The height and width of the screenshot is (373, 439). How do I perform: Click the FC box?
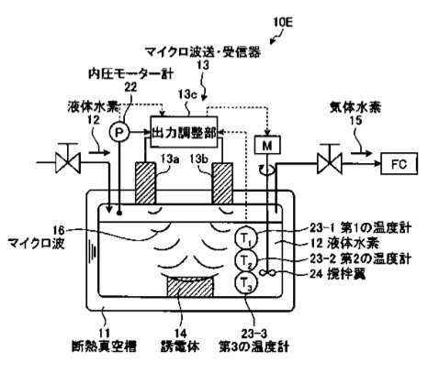click(399, 164)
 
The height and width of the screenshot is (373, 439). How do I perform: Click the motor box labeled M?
click(267, 145)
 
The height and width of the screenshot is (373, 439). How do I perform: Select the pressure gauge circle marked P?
click(119, 132)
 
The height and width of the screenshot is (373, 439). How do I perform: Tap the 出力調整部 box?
click(184, 132)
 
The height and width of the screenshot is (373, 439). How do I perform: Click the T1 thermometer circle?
click(246, 238)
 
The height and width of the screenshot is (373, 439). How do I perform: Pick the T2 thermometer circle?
click(246, 260)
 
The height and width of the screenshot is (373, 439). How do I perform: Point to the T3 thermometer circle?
click(246, 283)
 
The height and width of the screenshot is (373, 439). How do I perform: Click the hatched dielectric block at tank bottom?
click(189, 287)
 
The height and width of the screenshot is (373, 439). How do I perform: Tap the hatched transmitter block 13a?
click(145, 183)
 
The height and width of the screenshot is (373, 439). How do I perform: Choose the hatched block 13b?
click(223, 183)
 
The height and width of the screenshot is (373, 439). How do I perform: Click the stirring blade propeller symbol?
click(267, 273)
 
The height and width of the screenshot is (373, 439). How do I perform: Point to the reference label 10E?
click(284, 22)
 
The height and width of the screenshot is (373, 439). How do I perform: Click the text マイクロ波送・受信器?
click(203, 52)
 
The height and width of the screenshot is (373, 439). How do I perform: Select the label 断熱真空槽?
click(104, 346)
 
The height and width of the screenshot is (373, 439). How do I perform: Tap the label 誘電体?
click(180, 346)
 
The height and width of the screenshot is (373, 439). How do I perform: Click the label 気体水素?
click(355, 107)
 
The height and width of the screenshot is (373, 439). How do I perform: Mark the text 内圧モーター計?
click(131, 73)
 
